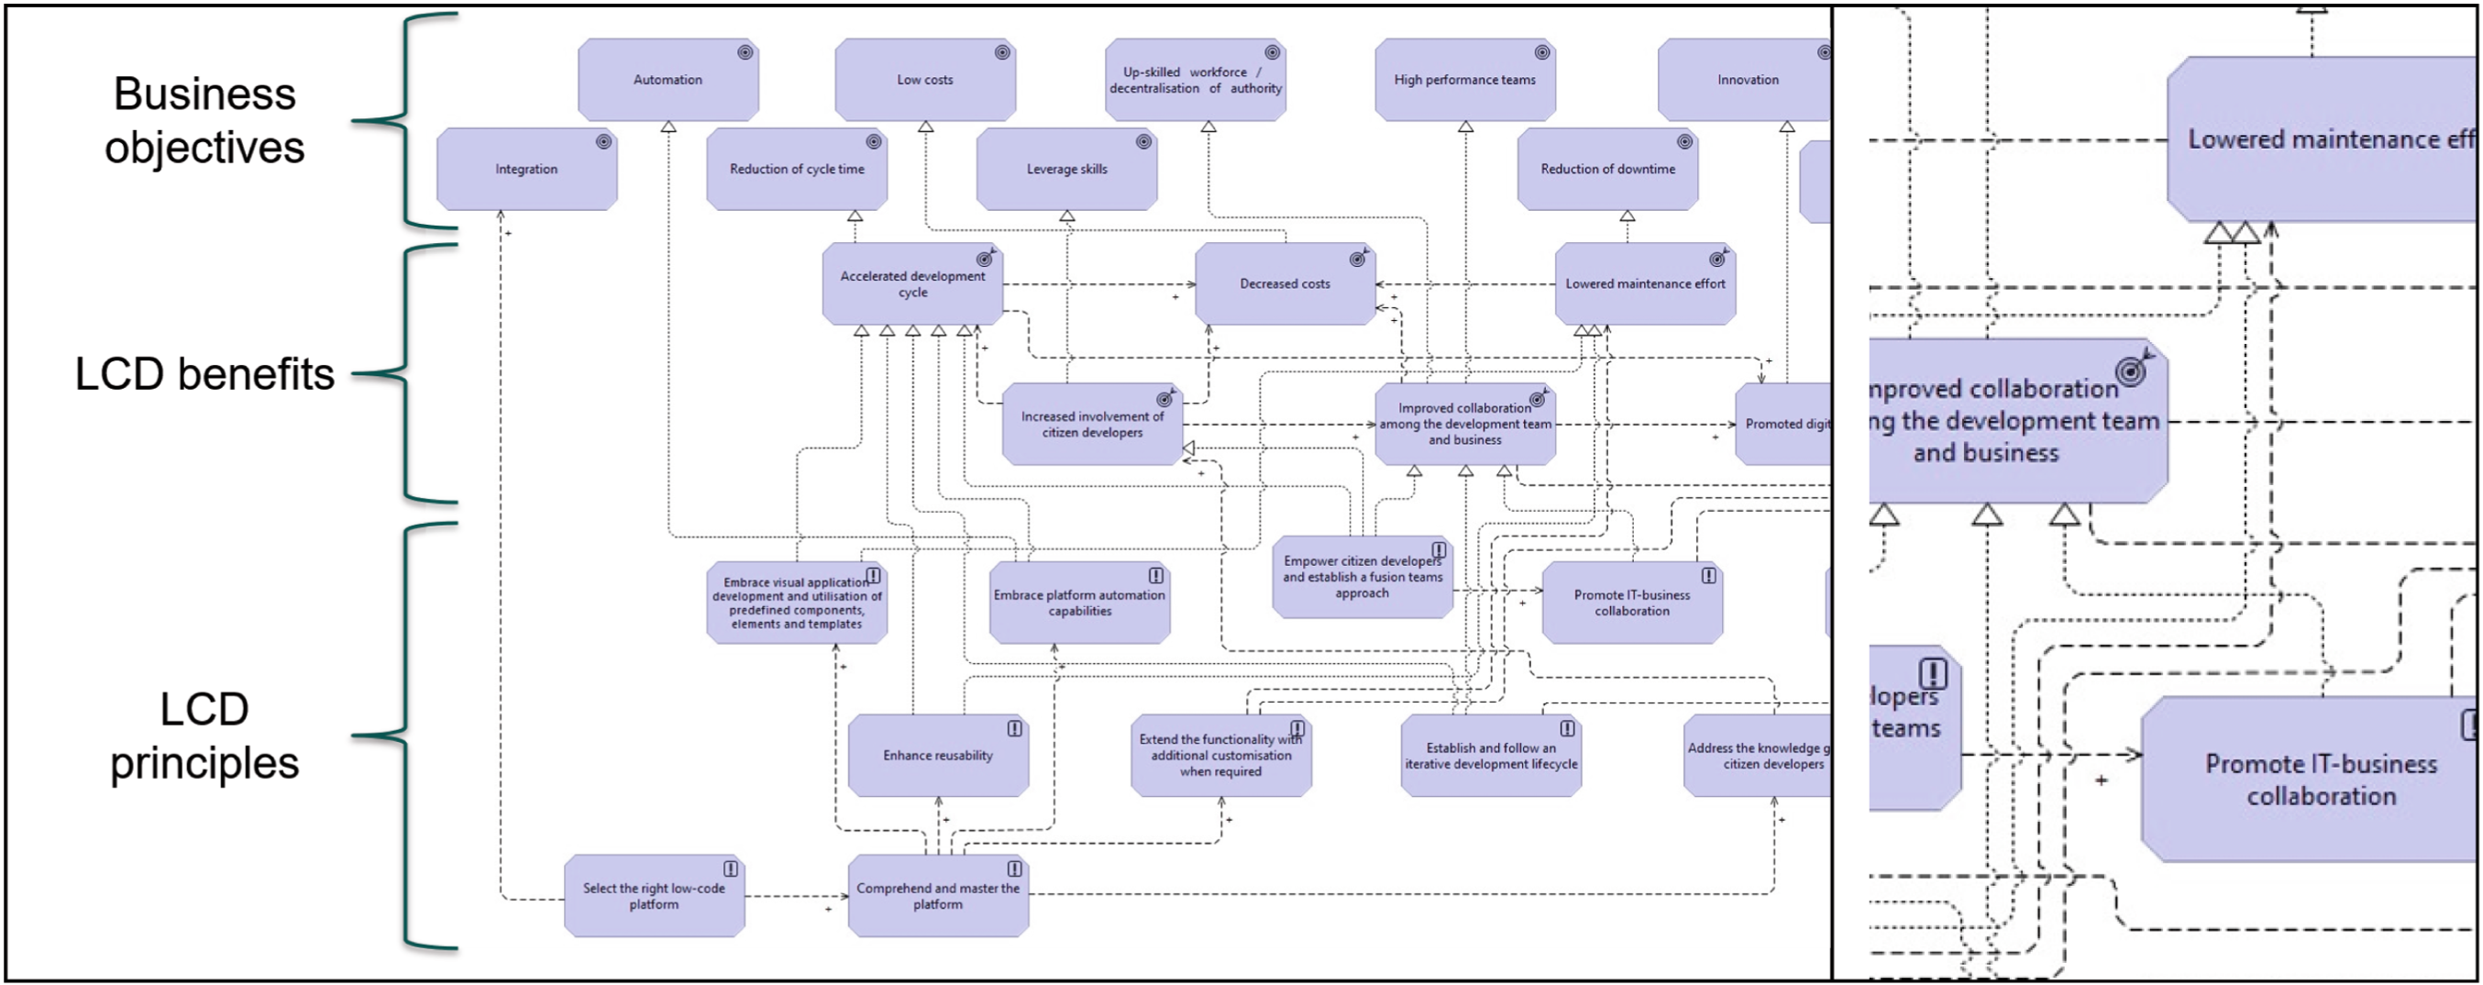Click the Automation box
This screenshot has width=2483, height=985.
pyautogui.click(x=668, y=80)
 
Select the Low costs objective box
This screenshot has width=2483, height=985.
pyautogui.click(x=924, y=80)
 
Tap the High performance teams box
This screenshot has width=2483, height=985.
pyautogui.click(x=1464, y=80)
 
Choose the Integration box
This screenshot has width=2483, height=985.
pyautogui.click(x=526, y=170)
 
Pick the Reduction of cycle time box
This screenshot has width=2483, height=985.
pyautogui.click(x=796, y=170)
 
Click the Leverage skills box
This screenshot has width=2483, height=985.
pyautogui.click(x=1066, y=170)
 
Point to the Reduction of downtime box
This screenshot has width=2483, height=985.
pyautogui.click(x=1606, y=170)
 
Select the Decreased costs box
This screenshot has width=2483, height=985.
pyautogui.click(x=1284, y=284)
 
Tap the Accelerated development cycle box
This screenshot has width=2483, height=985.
pyautogui.click(x=911, y=284)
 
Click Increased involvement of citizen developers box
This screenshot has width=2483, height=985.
pyautogui.click(x=1091, y=425)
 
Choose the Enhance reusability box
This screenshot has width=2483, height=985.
pyautogui.click(x=937, y=757)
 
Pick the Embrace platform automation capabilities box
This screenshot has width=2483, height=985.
pyautogui.click(x=1078, y=604)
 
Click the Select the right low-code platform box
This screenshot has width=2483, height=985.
pyautogui.click(x=654, y=897)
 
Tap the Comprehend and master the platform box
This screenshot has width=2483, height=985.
pyautogui.click(x=937, y=897)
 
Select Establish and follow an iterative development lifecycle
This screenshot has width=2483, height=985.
pyautogui.click(x=1490, y=757)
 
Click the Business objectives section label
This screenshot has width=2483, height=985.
pyautogui.click(x=204, y=121)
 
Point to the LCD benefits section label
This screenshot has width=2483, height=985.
pyautogui.click(x=204, y=374)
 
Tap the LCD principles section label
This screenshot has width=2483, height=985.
pyautogui.click(x=204, y=736)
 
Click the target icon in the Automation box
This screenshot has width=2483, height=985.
pyautogui.click(x=745, y=53)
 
